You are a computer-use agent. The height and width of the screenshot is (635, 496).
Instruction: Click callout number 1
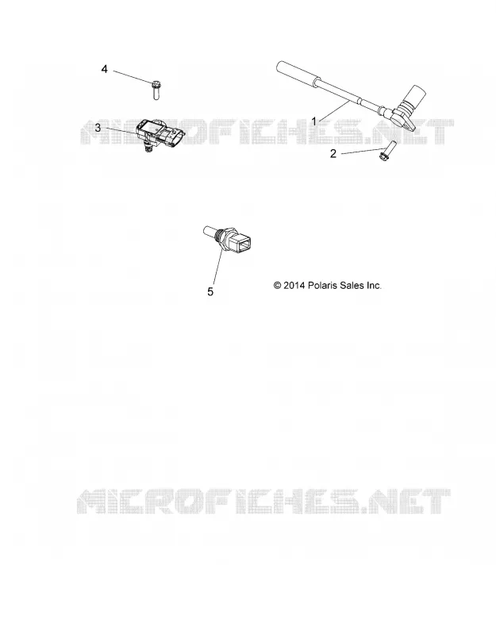(x=313, y=121)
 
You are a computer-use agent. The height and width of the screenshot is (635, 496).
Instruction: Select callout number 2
(x=333, y=154)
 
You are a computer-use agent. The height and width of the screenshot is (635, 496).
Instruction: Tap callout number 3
(x=98, y=128)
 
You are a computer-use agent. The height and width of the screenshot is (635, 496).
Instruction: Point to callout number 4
(x=105, y=70)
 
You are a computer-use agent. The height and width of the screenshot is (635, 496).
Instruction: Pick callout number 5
(x=210, y=291)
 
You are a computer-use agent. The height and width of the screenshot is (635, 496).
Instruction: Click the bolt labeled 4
(x=156, y=90)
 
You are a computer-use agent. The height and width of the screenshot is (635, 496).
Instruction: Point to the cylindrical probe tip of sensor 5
(x=209, y=231)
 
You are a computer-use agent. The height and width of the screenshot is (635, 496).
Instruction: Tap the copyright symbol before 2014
(x=277, y=286)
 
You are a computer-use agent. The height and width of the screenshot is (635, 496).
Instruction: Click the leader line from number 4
(x=132, y=77)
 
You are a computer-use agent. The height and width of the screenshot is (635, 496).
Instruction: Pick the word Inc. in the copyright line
(x=374, y=286)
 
